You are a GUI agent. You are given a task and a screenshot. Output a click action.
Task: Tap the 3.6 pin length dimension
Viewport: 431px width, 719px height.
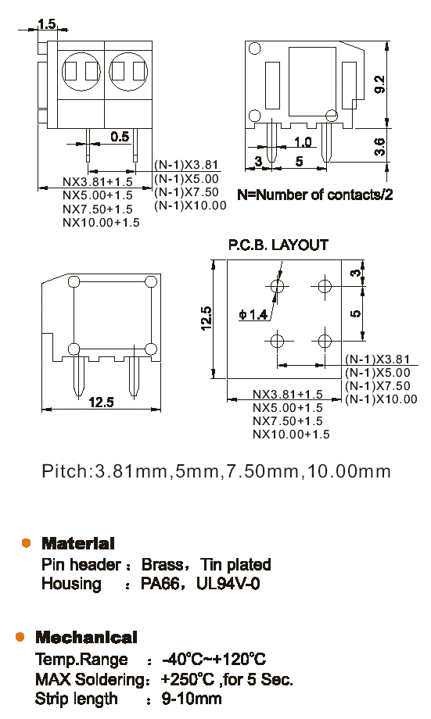click(x=379, y=147)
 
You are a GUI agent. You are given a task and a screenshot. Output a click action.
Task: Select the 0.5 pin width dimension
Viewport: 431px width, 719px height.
click(x=120, y=137)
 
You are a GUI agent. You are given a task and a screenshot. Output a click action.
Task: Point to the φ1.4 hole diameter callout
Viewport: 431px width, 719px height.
click(x=253, y=314)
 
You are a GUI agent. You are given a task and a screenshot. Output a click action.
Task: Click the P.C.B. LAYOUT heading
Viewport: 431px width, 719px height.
click(x=278, y=245)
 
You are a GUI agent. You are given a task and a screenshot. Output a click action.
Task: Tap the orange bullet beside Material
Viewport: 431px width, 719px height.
click(x=26, y=543)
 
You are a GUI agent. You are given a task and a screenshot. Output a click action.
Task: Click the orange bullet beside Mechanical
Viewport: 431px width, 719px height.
click(x=20, y=637)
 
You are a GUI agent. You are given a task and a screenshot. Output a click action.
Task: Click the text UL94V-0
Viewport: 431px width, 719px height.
click(x=228, y=584)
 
